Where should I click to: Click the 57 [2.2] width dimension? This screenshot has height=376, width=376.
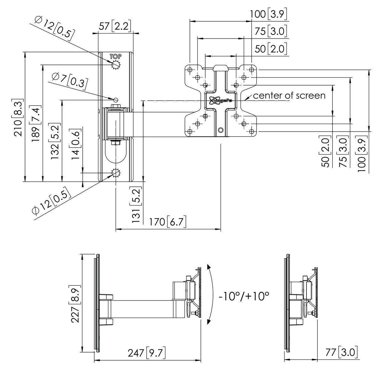115,26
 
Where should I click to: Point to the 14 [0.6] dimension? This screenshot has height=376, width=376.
76,145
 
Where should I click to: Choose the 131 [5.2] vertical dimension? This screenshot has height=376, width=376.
137,206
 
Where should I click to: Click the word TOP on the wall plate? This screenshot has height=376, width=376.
115,57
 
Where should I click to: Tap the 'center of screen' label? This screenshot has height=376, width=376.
289,96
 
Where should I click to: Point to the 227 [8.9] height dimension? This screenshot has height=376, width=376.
75,304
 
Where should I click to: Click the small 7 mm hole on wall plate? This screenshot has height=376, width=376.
116,100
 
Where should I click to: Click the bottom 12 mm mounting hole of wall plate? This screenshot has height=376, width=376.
116,173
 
